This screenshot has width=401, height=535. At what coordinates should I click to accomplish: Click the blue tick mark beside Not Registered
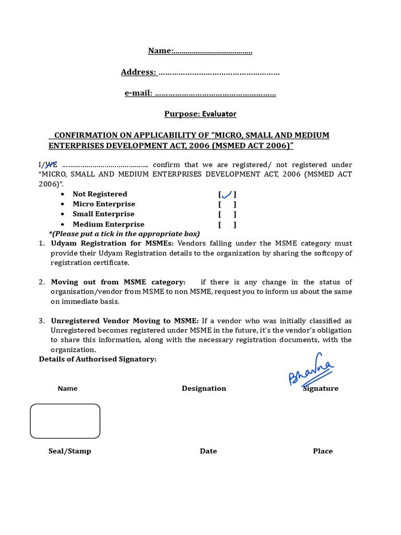click(227, 194)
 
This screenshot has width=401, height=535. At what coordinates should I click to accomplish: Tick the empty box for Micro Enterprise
click(227, 204)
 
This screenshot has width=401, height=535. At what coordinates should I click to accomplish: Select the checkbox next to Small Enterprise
click(227, 214)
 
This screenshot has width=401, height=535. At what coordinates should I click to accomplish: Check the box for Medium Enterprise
click(227, 225)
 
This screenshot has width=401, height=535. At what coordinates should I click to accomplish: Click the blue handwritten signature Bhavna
click(311, 371)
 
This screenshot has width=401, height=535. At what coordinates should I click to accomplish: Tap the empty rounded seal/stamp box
click(65, 421)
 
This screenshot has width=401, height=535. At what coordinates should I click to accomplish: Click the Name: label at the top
click(160, 51)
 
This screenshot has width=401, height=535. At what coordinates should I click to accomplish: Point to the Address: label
click(138, 72)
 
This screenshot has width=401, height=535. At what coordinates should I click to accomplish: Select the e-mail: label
click(138, 93)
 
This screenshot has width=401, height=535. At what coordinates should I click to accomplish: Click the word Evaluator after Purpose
click(219, 114)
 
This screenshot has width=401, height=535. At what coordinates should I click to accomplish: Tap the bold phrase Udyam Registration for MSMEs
click(113, 243)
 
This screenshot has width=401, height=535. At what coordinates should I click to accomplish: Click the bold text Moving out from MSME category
click(118, 282)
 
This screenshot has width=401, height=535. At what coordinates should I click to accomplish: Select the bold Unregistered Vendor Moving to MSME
click(125, 321)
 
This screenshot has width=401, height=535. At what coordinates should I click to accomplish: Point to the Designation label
click(204, 389)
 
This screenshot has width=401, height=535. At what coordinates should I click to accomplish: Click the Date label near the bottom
click(208, 451)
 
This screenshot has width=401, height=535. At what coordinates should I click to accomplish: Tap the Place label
click(323, 451)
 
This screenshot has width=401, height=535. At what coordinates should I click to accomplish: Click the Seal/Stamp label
click(69, 451)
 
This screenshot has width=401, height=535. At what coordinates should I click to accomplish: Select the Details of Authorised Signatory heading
click(98, 359)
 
